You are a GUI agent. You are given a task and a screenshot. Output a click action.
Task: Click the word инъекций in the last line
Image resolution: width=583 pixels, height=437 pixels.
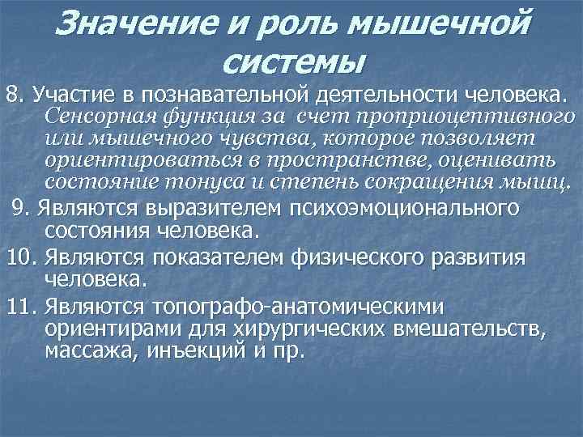[x=183, y=353]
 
